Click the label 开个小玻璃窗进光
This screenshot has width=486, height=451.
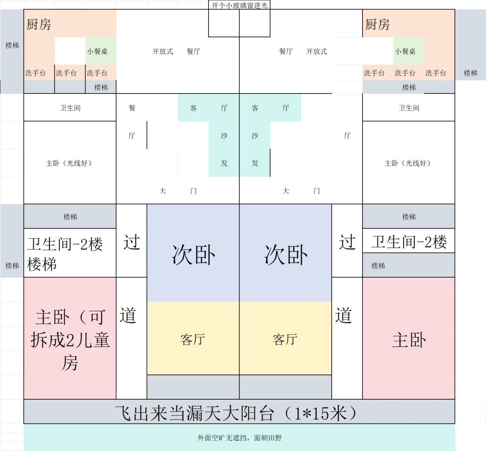click(x=239, y=5)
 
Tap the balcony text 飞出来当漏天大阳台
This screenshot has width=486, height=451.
click(x=194, y=413)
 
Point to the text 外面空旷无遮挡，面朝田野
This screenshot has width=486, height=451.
click(x=239, y=438)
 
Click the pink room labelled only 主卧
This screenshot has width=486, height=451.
click(x=409, y=340)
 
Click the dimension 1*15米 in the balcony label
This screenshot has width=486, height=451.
click(x=320, y=413)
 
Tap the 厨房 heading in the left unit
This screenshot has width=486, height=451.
click(x=39, y=25)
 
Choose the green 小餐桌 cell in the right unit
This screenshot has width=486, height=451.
click(x=405, y=51)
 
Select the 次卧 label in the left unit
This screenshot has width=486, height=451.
click(x=194, y=255)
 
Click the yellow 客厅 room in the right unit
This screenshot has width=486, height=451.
click(x=285, y=339)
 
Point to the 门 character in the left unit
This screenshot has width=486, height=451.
click(x=194, y=191)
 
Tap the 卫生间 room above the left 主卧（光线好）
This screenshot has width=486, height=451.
click(x=70, y=108)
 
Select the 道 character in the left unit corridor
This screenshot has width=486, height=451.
click(x=128, y=315)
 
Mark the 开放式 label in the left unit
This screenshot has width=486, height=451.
click(x=163, y=51)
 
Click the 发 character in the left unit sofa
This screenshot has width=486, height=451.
click(x=224, y=163)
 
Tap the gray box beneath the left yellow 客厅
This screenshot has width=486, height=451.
click(x=193, y=387)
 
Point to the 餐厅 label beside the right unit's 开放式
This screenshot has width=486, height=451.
click(x=286, y=51)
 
